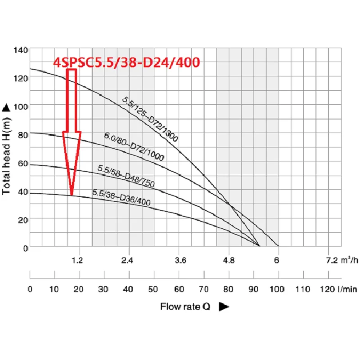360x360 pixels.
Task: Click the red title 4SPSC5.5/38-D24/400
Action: point(126,63)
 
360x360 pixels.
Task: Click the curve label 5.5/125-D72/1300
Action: point(150,119)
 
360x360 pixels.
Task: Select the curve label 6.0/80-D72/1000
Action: point(134,147)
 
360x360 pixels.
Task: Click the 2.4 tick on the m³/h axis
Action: point(129,260)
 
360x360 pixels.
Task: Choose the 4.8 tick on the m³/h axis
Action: point(229,260)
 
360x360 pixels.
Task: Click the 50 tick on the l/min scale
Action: point(154,289)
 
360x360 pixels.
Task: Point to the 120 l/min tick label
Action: point(337,289)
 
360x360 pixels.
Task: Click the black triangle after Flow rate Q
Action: point(224,307)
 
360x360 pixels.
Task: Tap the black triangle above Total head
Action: point(6,107)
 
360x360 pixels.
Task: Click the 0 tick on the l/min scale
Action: point(30,289)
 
